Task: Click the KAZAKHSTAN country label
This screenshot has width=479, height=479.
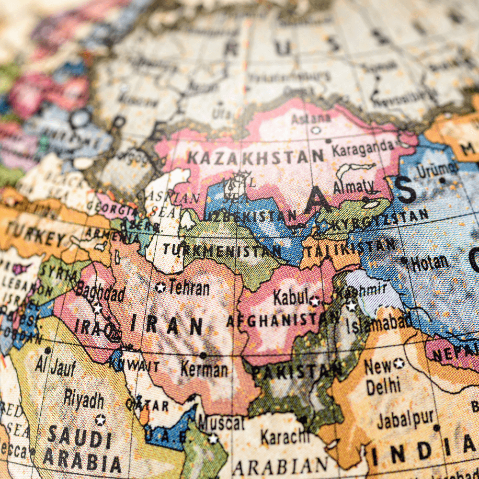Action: click(x=255, y=156)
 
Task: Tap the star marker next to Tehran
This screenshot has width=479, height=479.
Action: click(x=160, y=287)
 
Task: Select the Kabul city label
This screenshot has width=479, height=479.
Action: click(x=290, y=297)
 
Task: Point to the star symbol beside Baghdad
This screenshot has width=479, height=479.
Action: click(x=98, y=308)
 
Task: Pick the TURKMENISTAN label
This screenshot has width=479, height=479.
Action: click(x=222, y=250)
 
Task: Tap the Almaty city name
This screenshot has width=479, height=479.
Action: click(x=354, y=187)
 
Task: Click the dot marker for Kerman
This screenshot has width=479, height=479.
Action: click(x=203, y=355)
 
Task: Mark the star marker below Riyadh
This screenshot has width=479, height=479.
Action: click(x=100, y=420)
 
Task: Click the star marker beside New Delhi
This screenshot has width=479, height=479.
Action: click(x=399, y=364)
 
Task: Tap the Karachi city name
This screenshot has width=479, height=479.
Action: click(x=285, y=436)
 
